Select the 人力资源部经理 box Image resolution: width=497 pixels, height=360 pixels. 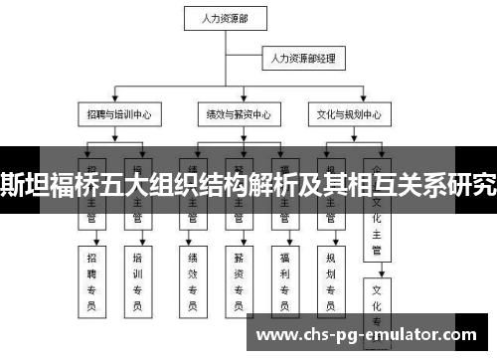303,60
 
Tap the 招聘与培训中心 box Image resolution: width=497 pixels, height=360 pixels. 116,115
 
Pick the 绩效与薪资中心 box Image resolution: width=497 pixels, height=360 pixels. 233,115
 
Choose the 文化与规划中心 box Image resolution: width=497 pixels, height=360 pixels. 345,115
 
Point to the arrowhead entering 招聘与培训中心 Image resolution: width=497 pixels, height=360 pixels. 116,102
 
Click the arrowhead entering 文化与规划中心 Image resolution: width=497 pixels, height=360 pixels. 345,102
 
